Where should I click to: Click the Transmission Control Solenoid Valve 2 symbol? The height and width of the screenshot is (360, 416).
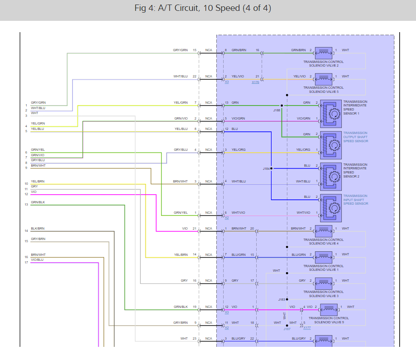pyautogui.click(x=323, y=52)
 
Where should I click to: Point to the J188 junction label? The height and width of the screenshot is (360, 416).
pyautogui.click(x=277, y=110)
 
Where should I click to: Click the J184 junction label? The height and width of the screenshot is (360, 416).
pyautogui.click(x=266, y=168)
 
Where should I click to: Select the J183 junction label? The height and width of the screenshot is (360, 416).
pyautogui.click(x=281, y=299)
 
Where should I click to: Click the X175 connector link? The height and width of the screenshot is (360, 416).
pyautogui.click(x=256, y=82)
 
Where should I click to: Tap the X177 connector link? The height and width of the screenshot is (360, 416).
pyautogui.click(x=307, y=327)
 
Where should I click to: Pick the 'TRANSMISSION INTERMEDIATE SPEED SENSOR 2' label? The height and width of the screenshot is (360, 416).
pyautogui.click(x=355, y=170)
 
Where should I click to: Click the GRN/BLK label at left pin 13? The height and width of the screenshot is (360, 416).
pyautogui.click(x=38, y=202)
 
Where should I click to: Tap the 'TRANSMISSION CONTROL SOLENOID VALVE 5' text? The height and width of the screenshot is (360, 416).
pyautogui.click(x=323, y=89)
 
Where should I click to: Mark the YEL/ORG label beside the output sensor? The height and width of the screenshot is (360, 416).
pyautogui.click(x=303, y=150)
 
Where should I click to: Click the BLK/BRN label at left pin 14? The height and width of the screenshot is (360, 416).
pyautogui.click(x=38, y=228)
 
